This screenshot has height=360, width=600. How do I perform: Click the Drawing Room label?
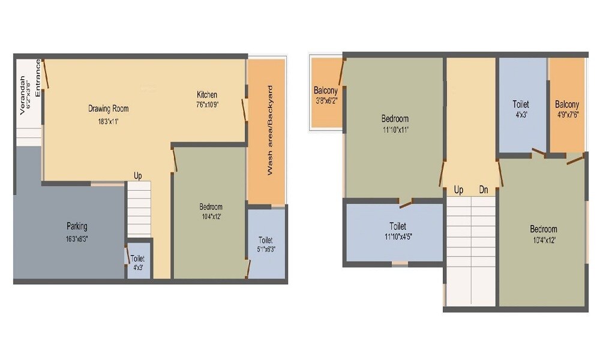[109, 109]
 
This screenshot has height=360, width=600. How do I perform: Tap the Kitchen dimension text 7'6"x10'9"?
[208, 104]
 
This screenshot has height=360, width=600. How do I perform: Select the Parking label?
[77, 226]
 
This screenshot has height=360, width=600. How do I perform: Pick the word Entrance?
[37, 78]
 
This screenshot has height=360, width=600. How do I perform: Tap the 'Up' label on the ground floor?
[138, 176]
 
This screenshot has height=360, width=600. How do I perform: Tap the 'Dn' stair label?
[484, 190]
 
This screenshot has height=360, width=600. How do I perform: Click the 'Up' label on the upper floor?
[458, 190]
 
